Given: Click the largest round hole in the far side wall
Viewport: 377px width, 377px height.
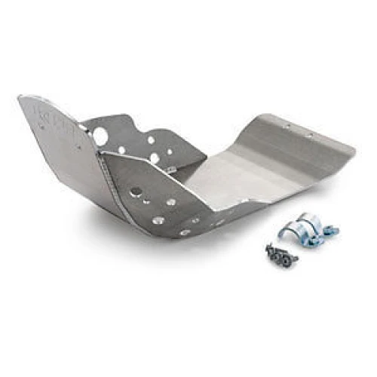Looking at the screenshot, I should pyautogui.click(x=100, y=136).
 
